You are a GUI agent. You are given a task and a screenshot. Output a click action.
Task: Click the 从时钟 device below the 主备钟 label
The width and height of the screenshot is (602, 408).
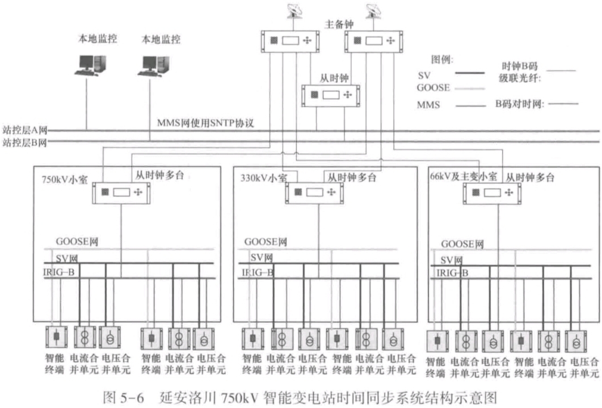[331, 96]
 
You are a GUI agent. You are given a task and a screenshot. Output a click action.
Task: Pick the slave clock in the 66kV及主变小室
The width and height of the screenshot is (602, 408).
[491, 193]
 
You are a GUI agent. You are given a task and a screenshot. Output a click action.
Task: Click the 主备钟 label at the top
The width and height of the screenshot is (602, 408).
[338, 24]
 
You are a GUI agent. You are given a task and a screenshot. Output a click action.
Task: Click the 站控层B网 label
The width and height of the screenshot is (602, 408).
[24, 142]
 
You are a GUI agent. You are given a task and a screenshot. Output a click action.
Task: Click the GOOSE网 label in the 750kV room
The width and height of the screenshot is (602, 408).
[78, 242]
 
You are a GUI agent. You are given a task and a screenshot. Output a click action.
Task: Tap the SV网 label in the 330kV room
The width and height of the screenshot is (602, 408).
[262, 257]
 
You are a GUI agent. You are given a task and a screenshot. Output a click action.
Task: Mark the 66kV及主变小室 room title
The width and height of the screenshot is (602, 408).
[464, 177]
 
